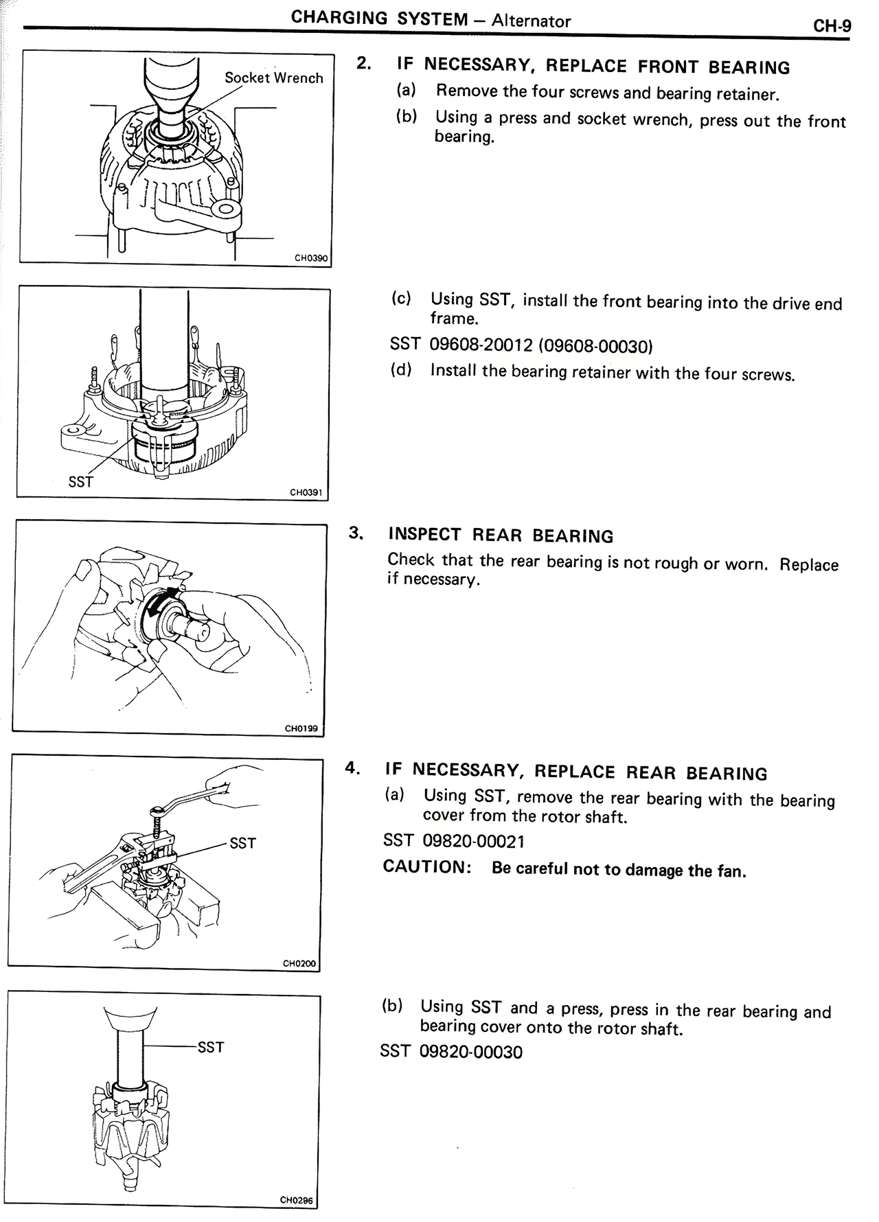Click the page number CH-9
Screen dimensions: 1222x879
coord(832,27)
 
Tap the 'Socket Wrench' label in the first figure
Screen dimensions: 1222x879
coord(273,78)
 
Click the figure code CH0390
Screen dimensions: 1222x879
coord(311,259)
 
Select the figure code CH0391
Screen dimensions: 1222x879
coord(306,492)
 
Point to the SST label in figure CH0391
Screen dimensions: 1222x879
coord(80,482)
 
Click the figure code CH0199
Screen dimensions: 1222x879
coord(301,728)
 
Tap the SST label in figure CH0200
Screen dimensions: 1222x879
coord(242,843)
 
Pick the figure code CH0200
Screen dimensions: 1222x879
coord(299,964)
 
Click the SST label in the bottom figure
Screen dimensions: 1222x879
coord(210,1048)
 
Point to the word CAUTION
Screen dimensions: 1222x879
coord(426,866)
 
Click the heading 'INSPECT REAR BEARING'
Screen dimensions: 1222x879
coord(501,535)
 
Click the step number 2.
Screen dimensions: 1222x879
coord(364,63)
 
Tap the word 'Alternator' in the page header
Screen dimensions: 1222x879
coord(532,21)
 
